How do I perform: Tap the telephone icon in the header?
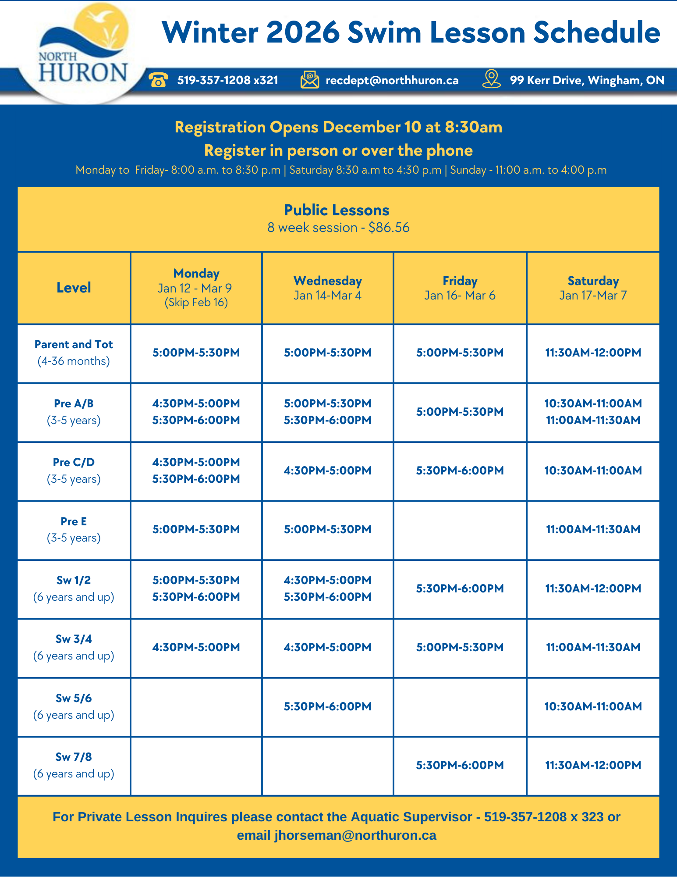point(158,80)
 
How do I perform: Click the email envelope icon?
point(310,80)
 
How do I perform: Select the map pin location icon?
point(491,79)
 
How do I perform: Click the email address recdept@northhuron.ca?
point(392,80)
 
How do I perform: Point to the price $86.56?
point(389,228)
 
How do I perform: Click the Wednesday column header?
point(327,288)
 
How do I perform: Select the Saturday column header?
point(593,288)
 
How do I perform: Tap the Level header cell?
point(74,288)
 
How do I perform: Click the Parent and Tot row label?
point(74,353)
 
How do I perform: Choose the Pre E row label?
point(74,529)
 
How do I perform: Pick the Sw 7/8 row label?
point(74,765)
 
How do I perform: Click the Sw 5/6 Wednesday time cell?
point(327,706)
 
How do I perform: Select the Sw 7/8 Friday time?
point(460,765)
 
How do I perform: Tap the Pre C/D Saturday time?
point(593,471)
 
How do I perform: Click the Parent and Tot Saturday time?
point(593,353)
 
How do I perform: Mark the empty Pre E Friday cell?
point(460,530)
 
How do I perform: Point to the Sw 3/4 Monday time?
point(196,647)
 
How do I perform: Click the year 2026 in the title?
point(303,32)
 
